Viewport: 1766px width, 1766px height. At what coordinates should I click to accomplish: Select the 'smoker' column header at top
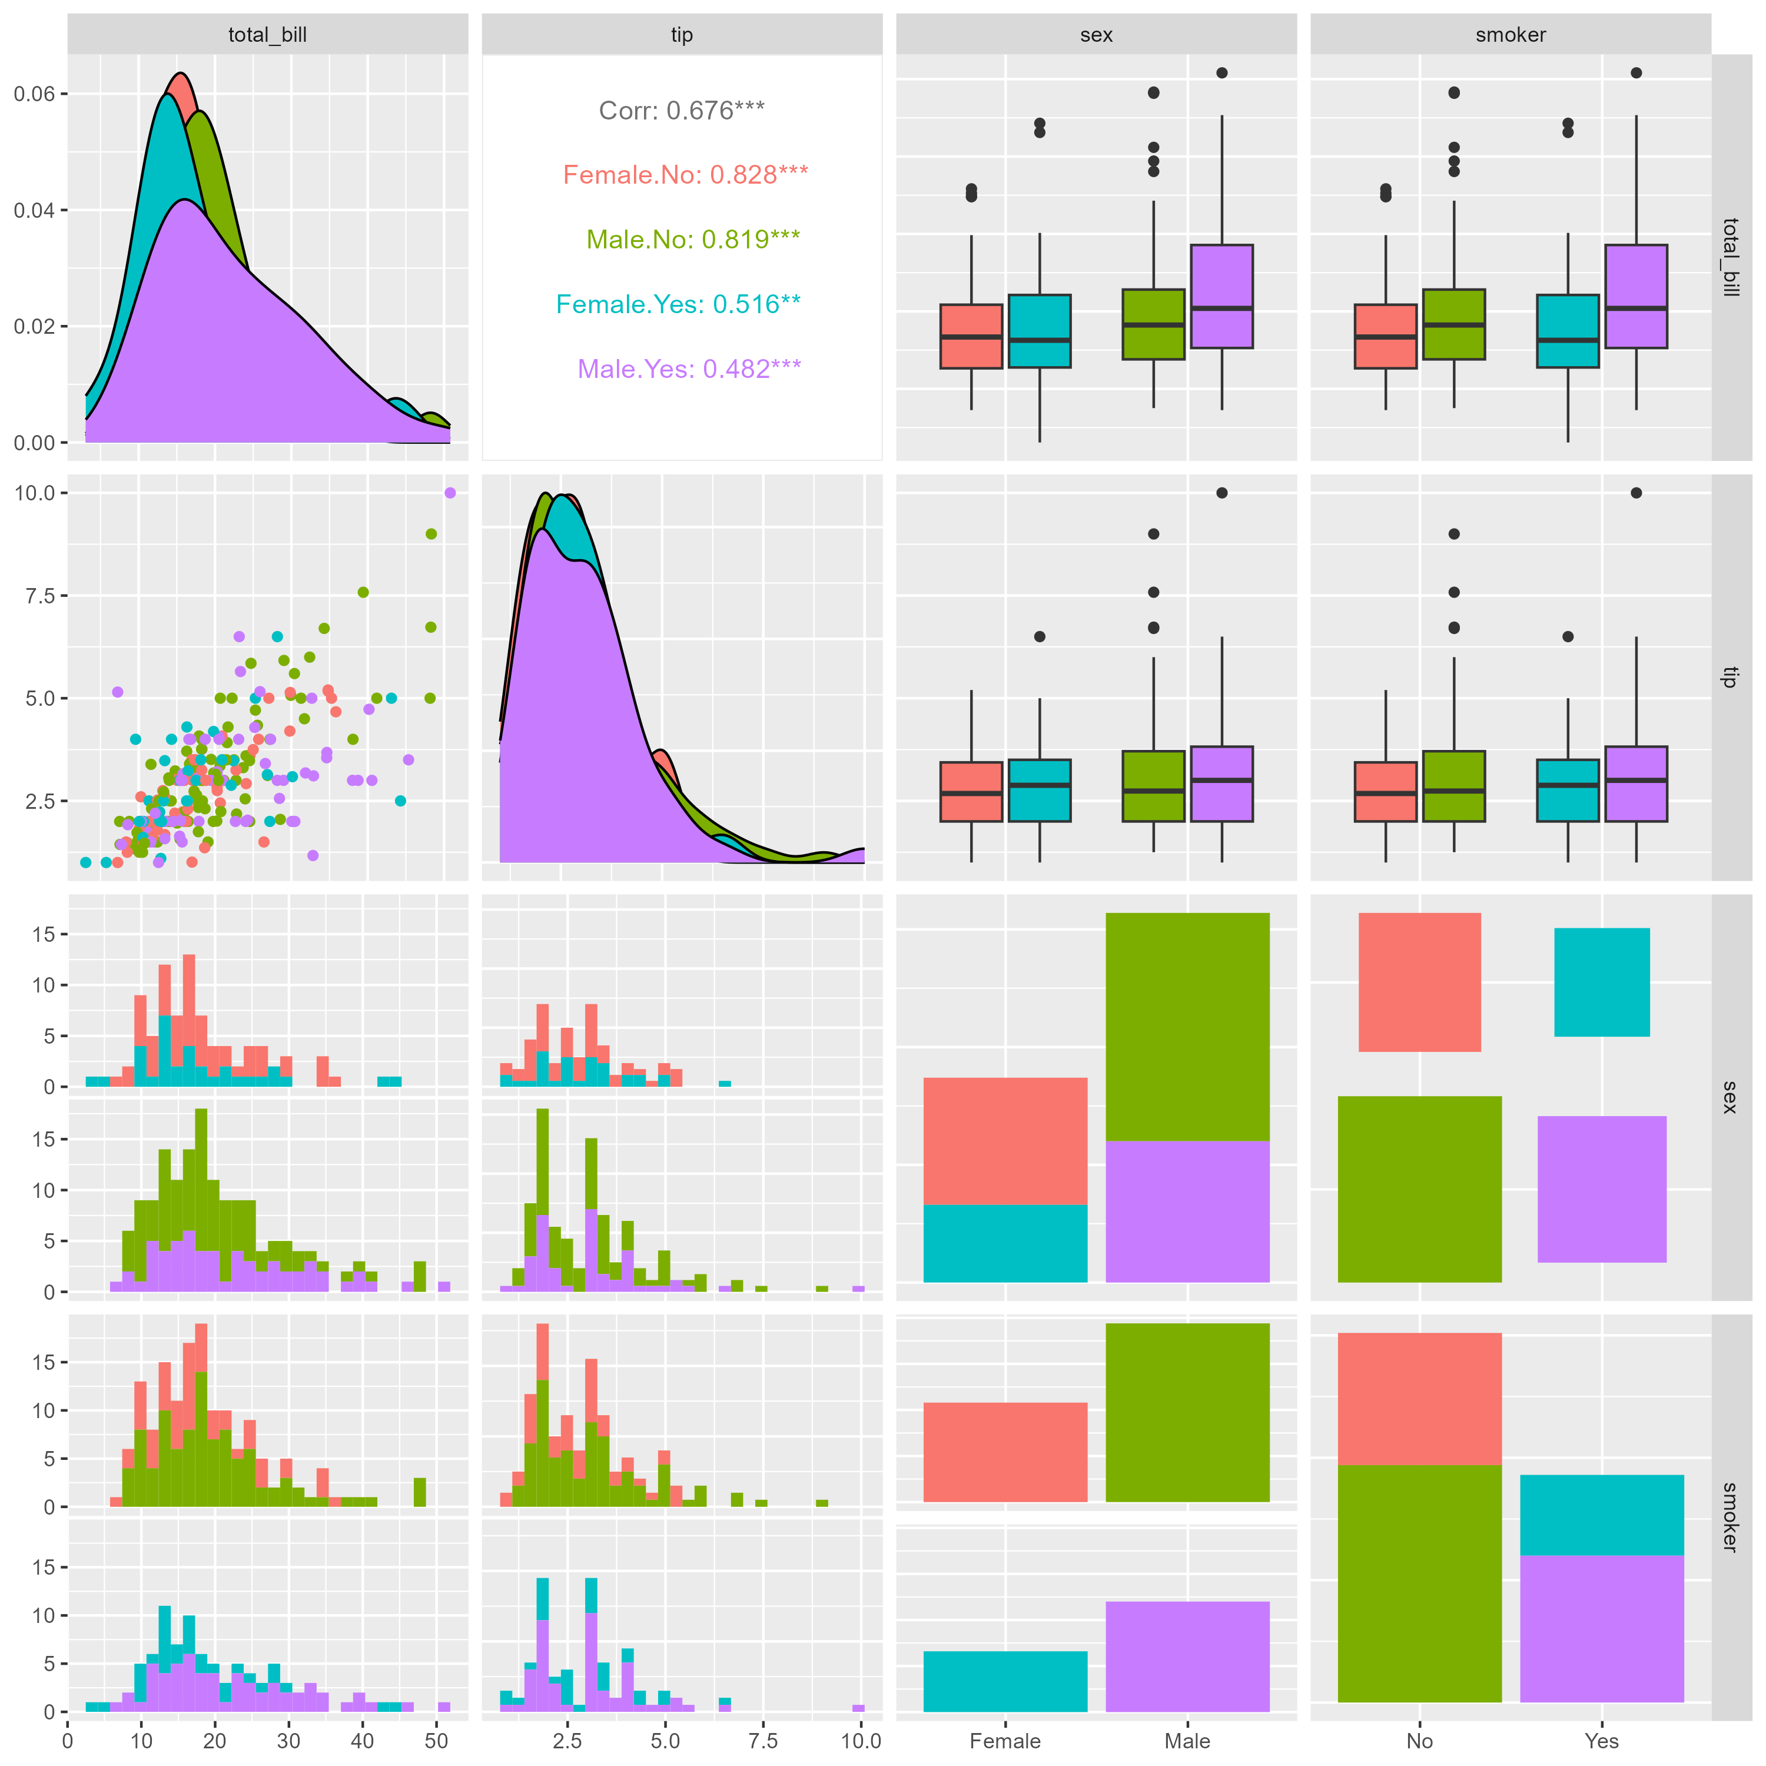(1510, 35)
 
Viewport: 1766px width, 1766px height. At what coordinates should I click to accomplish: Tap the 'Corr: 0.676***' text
(681, 111)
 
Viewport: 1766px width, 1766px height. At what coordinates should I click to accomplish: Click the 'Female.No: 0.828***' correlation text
(685, 175)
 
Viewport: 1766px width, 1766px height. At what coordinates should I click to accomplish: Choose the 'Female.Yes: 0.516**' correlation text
(678, 304)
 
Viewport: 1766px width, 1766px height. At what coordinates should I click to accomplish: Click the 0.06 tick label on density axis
(34, 94)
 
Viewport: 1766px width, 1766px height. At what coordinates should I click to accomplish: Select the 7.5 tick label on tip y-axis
(34, 596)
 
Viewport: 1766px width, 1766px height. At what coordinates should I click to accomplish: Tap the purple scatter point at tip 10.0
(450, 493)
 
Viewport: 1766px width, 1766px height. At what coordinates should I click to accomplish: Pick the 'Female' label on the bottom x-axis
(1005, 1741)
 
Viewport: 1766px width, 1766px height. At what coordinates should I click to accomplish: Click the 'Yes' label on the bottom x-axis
(1601, 1741)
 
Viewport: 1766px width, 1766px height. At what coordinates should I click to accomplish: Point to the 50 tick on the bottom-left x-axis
(437, 1741)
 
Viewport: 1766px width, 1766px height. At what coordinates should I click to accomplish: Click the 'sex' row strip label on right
(1730, 1097)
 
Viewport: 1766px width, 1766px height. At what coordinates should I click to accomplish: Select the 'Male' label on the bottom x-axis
(1187, 1741)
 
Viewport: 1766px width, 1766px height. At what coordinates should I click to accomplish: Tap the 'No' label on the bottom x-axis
(1419, 1741)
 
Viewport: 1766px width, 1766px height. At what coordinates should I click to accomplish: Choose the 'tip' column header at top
(681, 35)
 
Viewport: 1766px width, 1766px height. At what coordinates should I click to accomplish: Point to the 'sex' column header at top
(1096, 35)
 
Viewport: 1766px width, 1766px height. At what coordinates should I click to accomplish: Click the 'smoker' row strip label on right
(1730, 1518)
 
